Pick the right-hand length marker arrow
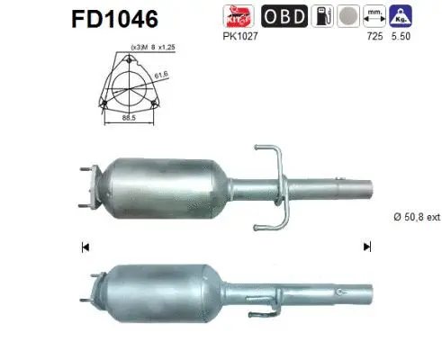[x=365, y=246]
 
